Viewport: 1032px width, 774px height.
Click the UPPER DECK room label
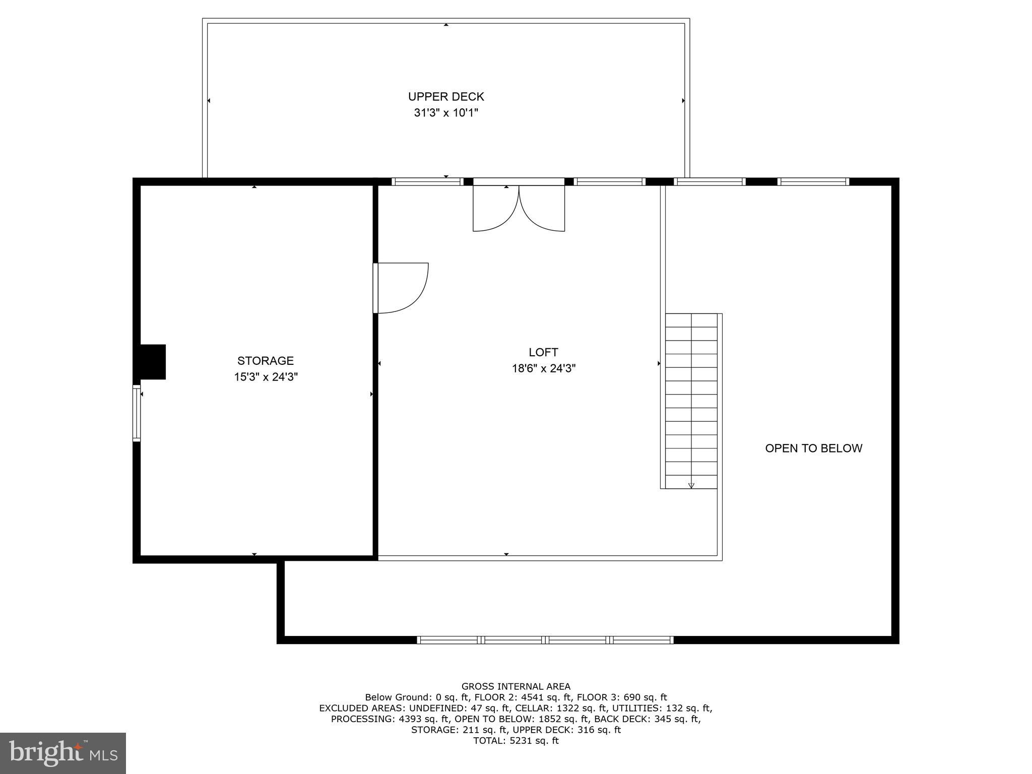[446, 96]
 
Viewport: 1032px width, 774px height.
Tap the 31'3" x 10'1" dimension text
[446, 112]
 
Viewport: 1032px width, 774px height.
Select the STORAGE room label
[266, 361]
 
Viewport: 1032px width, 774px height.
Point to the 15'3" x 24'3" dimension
[266, 377]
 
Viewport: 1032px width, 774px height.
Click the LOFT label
[543, 352]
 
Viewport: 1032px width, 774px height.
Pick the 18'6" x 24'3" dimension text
[544, 368]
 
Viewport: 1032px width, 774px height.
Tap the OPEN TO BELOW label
[814, 448]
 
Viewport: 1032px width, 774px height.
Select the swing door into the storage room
[401, 288]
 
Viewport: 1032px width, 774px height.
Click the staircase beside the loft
[691, 401]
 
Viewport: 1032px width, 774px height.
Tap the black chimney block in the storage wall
[152, 362]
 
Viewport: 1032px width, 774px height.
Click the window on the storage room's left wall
[137, 413]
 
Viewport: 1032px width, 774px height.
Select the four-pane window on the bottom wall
[545, 640]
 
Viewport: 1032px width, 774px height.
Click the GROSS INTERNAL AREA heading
[516, 686]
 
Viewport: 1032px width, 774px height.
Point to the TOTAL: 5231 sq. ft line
[516, 741]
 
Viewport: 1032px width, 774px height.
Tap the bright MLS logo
[63, 753]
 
